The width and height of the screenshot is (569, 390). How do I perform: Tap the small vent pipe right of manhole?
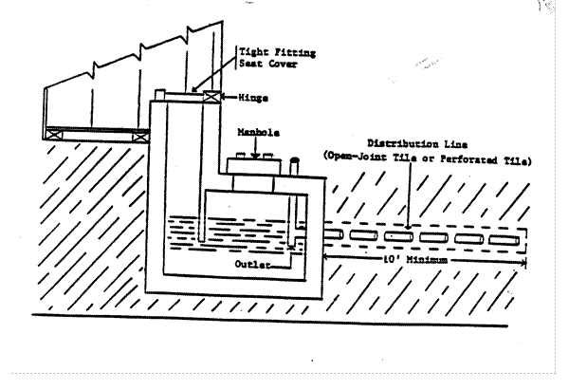[x=295, y=167]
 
